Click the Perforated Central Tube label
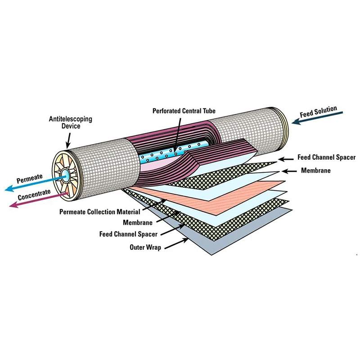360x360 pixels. pos(184,111)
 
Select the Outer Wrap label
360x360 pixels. pos(145,247)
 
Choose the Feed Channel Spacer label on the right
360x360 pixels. pos(327,157)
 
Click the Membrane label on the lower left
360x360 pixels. pos(137,222)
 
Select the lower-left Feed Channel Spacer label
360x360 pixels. pos(128,234)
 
